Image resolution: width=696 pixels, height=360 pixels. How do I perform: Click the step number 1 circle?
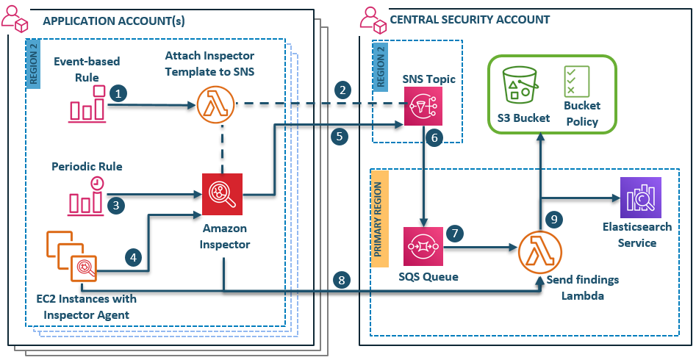tap(118, 93)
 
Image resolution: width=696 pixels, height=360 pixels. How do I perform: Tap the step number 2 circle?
tap(342, 90)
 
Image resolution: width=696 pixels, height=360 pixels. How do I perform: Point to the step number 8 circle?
tap(340, 279)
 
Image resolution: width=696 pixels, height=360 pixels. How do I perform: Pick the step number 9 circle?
tap(555, 218)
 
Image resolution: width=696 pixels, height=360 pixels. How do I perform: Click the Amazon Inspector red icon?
tap(222, 192)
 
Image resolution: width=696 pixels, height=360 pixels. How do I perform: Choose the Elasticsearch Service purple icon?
tap(640, 198)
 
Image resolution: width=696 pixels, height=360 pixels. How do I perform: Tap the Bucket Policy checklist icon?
tap(575, 81)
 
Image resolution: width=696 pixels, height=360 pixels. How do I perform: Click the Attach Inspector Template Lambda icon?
tap(217, 105)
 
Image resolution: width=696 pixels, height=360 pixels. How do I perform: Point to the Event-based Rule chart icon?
tap(87, 104)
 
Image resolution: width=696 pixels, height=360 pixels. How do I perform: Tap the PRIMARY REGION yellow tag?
tap(379, 214)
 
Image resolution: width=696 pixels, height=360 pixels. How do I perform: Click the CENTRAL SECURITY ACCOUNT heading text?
tap(470, 20)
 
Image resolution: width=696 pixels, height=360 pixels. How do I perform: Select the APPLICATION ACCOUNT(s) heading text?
tap(114, 21)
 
